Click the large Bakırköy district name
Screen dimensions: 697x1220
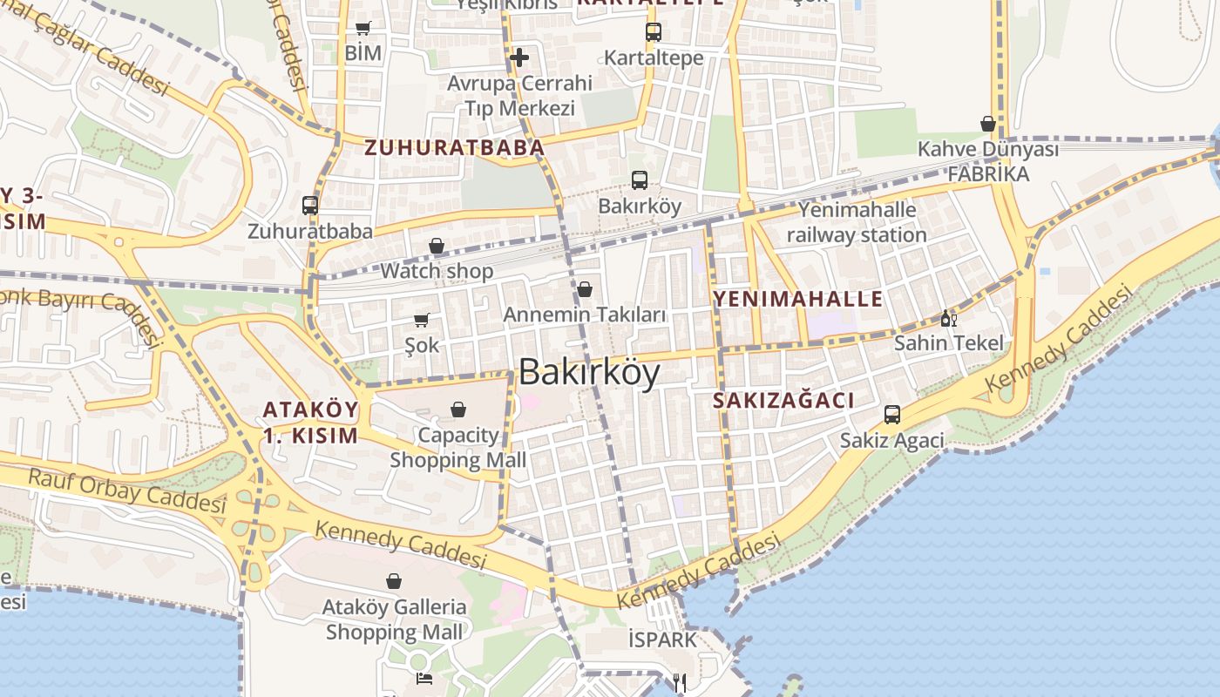coord(589,373)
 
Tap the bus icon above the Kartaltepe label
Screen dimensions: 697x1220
coord(654,32)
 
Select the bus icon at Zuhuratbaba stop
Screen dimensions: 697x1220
coord(310,206)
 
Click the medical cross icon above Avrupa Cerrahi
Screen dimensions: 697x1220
coord(519,58)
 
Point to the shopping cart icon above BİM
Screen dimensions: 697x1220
coord(363,28)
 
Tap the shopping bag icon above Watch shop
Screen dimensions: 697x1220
coord(437,247)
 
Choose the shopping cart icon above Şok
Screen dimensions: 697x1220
coord(422,320)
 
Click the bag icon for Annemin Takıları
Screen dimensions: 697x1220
coord(585,288)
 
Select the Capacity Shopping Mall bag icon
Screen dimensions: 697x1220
coord(458,409)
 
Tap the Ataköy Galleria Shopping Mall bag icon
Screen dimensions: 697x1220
coord(394,580)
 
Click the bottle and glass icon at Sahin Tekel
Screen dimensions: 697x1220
coord(948,318)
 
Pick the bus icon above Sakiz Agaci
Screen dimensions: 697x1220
coord(892,415)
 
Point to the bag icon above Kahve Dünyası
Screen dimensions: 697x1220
coord(988,124)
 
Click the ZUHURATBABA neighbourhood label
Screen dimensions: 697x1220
coord(454,148)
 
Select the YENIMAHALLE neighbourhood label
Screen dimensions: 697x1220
coord(798,300)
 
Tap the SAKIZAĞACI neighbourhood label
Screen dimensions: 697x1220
coord(783,401)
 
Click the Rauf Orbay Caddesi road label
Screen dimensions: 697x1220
coord(127,491)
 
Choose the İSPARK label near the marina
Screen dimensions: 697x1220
coord(662,640)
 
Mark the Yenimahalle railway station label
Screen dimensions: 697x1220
coord(857,222)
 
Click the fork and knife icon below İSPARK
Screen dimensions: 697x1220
coord(680,682)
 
